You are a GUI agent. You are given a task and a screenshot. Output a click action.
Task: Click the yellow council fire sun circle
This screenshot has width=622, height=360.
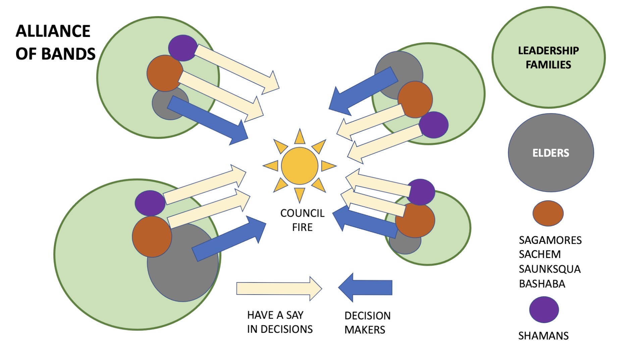(x=300, y=166)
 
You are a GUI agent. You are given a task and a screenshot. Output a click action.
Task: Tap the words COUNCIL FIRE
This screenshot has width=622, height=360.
(x=302, y=220)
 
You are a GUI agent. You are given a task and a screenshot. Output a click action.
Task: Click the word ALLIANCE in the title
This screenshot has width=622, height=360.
(x=53, y=31)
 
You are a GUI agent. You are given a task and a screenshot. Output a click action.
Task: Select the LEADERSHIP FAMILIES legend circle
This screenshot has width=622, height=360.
(x=549, y=57)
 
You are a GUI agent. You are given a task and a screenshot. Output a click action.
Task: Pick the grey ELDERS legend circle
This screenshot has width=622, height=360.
(x=551, y=153)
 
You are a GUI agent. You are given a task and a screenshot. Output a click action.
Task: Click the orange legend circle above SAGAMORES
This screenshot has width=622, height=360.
(x=548, y=213)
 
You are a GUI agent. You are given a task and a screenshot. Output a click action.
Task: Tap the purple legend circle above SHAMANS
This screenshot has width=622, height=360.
(x=544, y=310)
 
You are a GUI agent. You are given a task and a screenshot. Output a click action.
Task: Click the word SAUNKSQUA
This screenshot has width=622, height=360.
(x=550, y=269)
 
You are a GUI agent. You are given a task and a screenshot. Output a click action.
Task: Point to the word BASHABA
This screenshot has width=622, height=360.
(x=542, y=284)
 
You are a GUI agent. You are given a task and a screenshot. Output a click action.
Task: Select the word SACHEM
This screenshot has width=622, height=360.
(x=539, y=254)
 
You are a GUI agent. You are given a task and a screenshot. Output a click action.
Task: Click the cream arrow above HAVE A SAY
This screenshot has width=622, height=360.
(x=279, y=289)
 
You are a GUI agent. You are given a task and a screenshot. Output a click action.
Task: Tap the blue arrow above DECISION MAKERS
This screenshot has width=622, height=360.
(x=365, y=288)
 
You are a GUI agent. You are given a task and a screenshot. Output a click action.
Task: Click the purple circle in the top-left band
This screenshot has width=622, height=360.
(x=183, y=48)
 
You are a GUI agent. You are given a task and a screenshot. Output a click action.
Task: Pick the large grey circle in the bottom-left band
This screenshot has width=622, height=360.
(x=183, y=262)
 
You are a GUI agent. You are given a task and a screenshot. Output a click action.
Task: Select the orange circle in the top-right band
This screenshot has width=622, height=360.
(x=415, y=100)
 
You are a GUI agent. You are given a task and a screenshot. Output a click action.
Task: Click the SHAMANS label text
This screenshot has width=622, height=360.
(x=543, y=336)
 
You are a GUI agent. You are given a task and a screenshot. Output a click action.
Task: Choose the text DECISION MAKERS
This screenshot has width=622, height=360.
(x=367, y=323)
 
